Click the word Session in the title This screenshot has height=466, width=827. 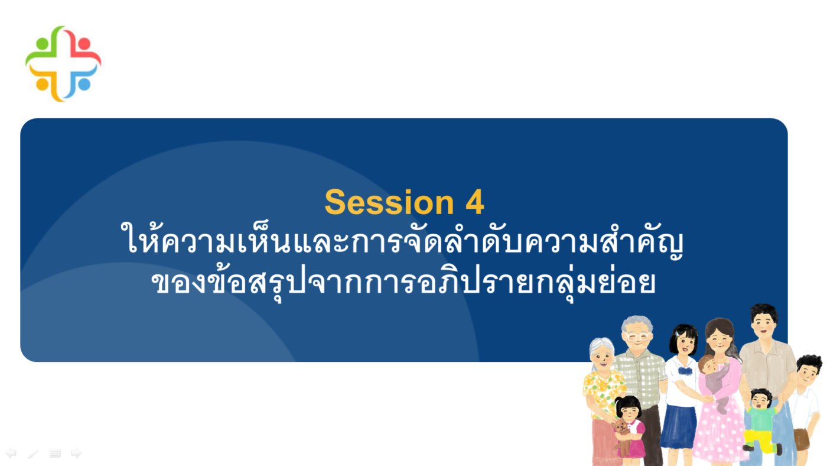(x=389, y=202)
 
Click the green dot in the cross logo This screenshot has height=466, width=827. (x=42, y=43)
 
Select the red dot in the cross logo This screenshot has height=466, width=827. (x=84, y=43)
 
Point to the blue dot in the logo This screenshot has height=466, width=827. (x=84, y=84)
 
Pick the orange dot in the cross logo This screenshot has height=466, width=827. (x=42, y=84)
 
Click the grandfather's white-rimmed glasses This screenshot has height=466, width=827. (x=638, y=337)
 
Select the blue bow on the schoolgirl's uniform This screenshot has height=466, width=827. (x=685, y=371)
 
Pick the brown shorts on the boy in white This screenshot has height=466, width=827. (x=801, y=439)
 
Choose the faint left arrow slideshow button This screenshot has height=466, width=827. (x=11, y=453)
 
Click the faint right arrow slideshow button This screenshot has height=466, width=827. (x=76, y=453)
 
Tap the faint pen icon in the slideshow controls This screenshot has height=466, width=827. (x=33, y=454)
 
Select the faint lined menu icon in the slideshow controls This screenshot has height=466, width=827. (x=55, y=453)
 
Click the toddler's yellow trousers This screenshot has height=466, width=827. (x=761, y=442)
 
